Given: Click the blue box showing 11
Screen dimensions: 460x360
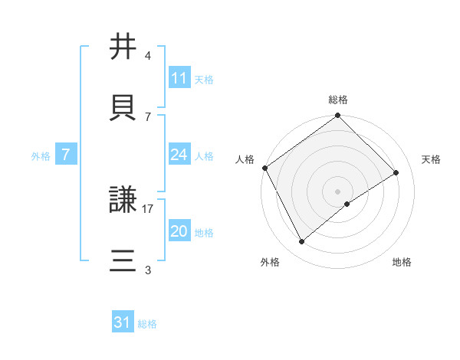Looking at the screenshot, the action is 179,78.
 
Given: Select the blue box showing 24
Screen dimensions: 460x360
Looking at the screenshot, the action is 179,155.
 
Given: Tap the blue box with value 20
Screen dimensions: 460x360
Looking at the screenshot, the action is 179,231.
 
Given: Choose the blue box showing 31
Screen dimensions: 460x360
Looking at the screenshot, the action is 123,322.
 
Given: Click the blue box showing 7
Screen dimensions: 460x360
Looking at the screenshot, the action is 66,155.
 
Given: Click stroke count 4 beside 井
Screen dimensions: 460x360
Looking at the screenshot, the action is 148,56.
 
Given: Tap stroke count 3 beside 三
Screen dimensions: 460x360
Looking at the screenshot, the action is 148,270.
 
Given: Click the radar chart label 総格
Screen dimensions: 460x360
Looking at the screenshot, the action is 338,100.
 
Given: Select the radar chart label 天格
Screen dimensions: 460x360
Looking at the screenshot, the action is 431,159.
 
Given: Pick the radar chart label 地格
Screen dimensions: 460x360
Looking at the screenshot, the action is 402,262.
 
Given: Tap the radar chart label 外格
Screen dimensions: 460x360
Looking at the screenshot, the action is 270,262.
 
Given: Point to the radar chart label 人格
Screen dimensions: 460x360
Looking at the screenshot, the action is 245,159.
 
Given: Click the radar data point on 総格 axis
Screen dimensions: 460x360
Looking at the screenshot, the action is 338,116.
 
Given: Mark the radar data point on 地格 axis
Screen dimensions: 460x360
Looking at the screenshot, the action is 347,204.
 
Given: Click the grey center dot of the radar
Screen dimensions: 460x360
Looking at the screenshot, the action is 338,191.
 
